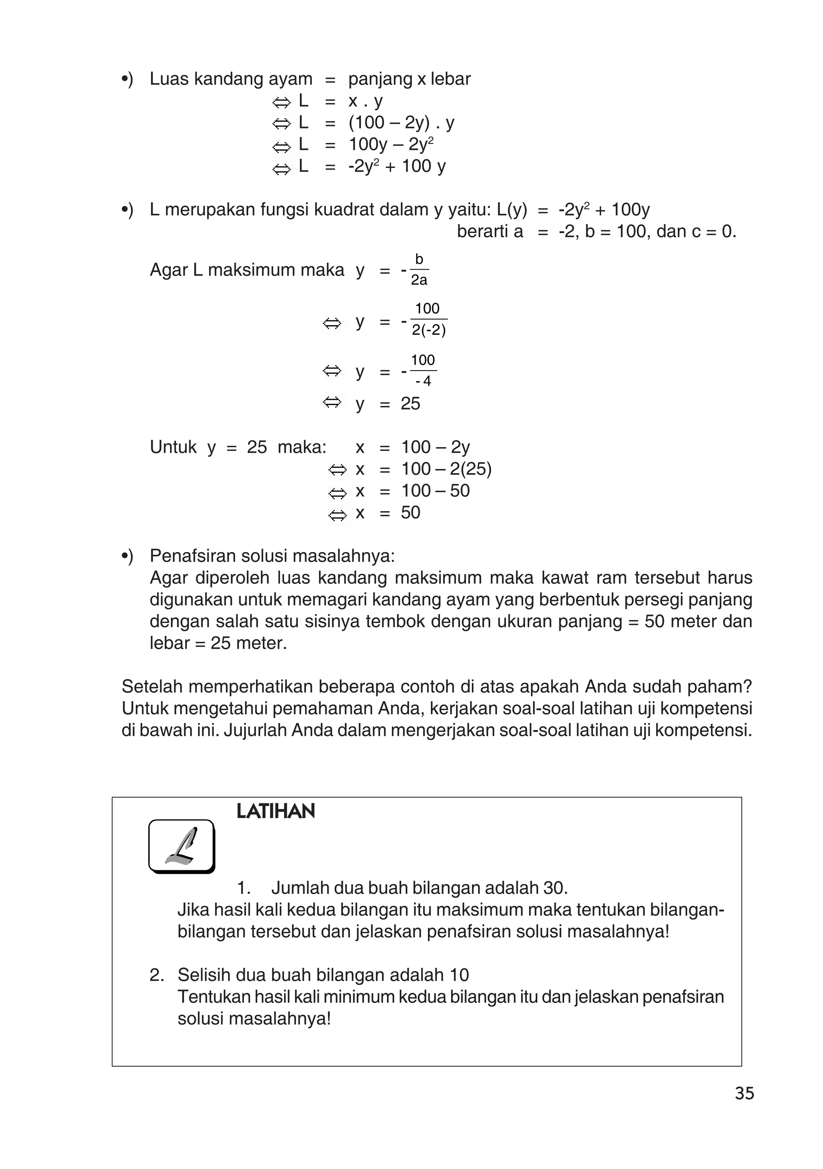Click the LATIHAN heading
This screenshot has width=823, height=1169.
pos(276,811)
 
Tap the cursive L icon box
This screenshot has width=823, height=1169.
pos(181,846)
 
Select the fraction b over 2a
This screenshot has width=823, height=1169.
pos(419,270)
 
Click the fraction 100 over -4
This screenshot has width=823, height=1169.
pos(423,371)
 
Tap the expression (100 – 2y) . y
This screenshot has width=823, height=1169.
pos(401,123)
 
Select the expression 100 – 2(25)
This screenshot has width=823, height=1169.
pos(446,469)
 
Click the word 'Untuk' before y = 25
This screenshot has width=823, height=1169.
pos(173,447)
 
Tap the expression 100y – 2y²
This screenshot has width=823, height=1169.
pos(391,145)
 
